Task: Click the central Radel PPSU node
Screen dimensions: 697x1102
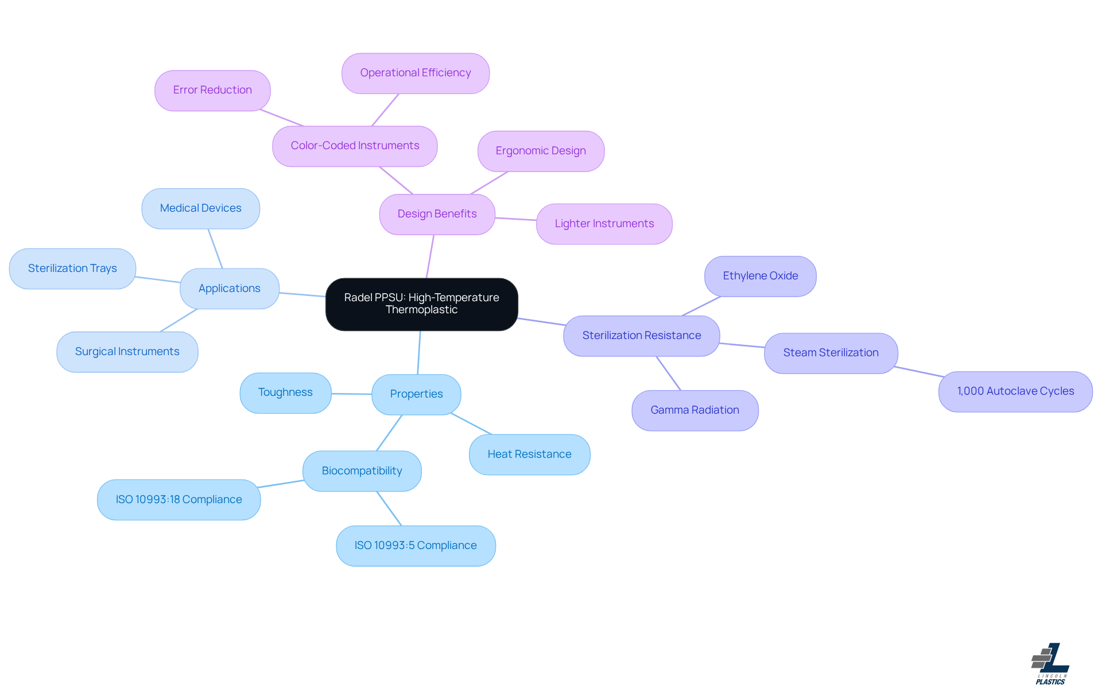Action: pos(421,304)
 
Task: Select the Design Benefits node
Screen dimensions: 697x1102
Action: pos(437,214)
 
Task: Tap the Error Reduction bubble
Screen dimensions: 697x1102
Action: pos(212,90)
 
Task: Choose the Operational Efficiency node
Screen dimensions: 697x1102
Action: pos(415,73)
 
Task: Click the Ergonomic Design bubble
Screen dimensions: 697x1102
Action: pos(541,151)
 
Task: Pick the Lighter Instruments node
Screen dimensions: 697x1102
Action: pos(604,224)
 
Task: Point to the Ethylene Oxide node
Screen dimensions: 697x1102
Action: pos(760,276)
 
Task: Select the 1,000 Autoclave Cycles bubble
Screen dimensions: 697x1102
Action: pos(1015,391)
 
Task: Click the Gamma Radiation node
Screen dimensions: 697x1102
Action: pos(694,410)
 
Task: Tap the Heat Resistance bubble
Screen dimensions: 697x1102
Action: pos(529,454)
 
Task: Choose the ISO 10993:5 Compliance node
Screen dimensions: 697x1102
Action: pos(416,546)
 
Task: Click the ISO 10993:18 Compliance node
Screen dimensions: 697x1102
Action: pos(179,500)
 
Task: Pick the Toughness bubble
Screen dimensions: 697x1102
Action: pos(285,392)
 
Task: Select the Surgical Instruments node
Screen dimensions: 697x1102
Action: pos(127,352)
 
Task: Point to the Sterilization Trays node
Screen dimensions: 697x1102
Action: pos(72,268)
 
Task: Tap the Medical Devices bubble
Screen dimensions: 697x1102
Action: pos(200,208)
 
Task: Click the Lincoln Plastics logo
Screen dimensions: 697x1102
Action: pos(1050,664)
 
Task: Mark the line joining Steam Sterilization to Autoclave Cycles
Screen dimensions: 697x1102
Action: pos(918,372)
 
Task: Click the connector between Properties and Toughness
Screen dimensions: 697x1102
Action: pos(351,394)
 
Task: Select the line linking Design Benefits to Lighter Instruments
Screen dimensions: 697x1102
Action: pos(515,219)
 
